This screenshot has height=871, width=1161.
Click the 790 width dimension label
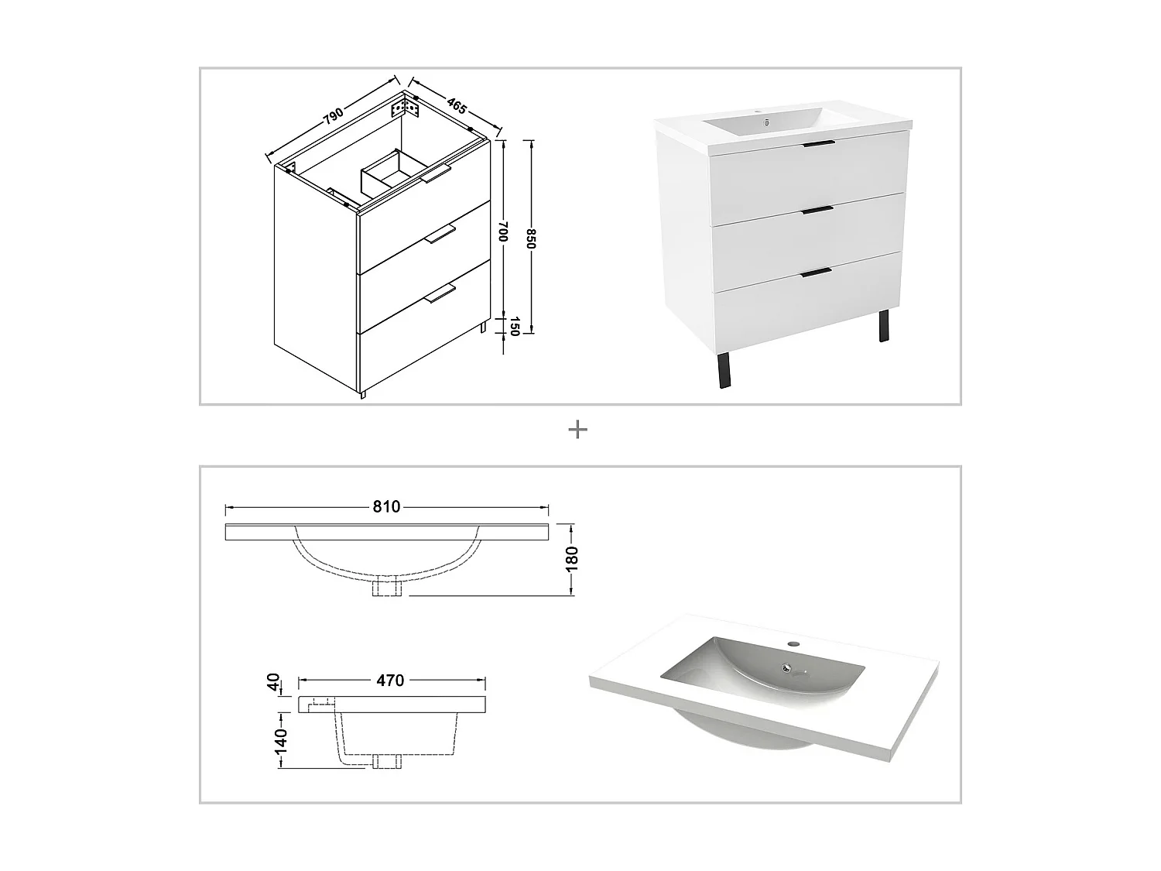333,117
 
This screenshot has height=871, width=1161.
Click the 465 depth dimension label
456,105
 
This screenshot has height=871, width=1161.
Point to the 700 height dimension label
503,231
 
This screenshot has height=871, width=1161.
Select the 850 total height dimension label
531,239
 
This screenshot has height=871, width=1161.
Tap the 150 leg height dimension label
512,327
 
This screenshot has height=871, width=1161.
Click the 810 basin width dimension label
386,507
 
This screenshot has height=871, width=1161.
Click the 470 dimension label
390,681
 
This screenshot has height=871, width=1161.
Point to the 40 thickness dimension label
273,682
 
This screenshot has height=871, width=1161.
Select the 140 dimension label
280,741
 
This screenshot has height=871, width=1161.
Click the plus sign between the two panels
577,430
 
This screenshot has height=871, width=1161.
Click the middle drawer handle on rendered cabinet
817,209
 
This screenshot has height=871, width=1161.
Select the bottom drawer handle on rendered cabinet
817,271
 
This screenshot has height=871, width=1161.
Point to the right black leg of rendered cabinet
883,326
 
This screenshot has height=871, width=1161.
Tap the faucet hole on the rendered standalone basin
793,644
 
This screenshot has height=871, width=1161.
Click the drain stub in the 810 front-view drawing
386,588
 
